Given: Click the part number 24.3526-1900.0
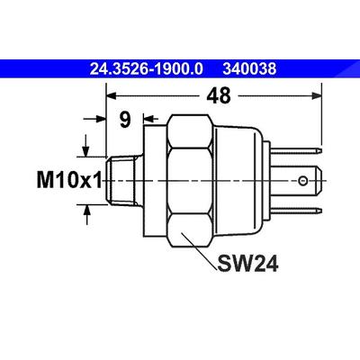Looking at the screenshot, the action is click(146, 69).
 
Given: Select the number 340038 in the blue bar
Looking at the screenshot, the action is click(249, 69).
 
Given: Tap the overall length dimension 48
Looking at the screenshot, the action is click(219, 95).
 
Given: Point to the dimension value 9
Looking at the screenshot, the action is click(125, 120).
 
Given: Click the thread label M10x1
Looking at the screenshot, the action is click(69, 180).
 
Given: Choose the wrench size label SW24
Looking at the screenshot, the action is click(247, 264).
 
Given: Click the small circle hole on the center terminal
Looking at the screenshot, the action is click(302, 181).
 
